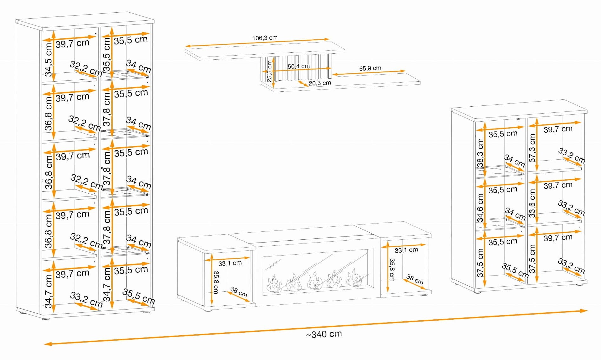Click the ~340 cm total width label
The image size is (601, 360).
pyautogui.click(x=324, y=334)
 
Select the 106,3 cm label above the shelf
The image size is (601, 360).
pyautogui.click(x=265, y=38)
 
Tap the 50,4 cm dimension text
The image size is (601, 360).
pyautogui.click(x=299, y=66)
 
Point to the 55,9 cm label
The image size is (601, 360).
pyautogui.click(x=370, y=68)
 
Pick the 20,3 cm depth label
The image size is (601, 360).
pyautogui.click(x=320, y=83)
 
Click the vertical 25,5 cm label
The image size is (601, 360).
pyautogui.click(x=269, y=71)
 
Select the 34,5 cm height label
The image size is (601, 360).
pyautogui.click(x=49, y=60)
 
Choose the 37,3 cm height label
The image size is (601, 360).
pyautogui.click(x=532, y=148)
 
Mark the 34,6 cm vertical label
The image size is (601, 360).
pyautogui.click(x=480, y=208)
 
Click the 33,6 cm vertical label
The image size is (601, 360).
pyautogui.click(x=532, y=203)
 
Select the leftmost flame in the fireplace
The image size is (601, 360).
pyautogui.click(x=274, y=283)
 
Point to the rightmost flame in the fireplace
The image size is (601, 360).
pyautogui.click(x=354, y=277)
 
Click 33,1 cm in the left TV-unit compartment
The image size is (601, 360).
pyautogui.click(x=230, y=263)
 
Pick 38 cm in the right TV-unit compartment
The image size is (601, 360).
pyautogui.click(x=415, y=280)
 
